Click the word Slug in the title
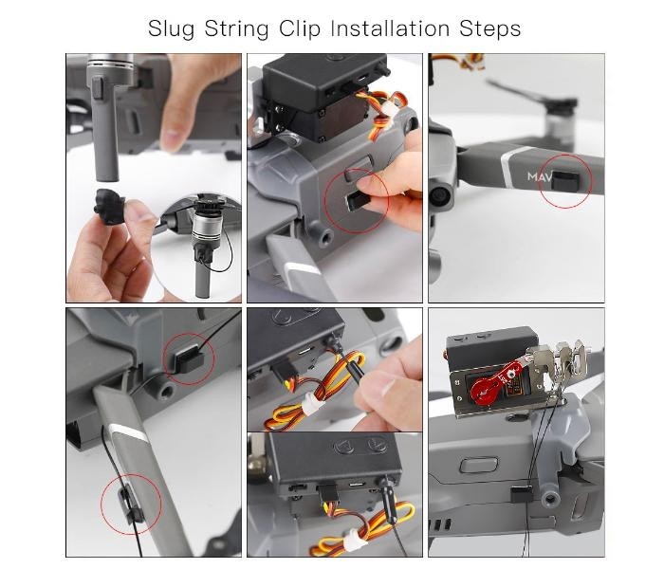click(171, 29)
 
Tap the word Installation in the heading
click(390, 28)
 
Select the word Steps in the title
click(490, 29)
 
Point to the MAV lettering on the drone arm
click(539, 176)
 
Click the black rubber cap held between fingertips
click(110, 206)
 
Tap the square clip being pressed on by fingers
click(357, 201)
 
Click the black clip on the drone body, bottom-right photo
click(522, 494)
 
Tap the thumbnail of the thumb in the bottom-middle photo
click(381, 385)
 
